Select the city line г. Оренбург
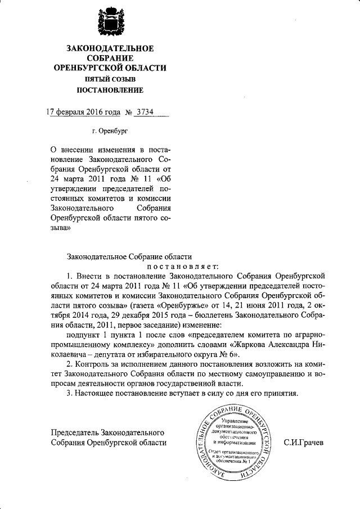[x=110, y=130]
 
